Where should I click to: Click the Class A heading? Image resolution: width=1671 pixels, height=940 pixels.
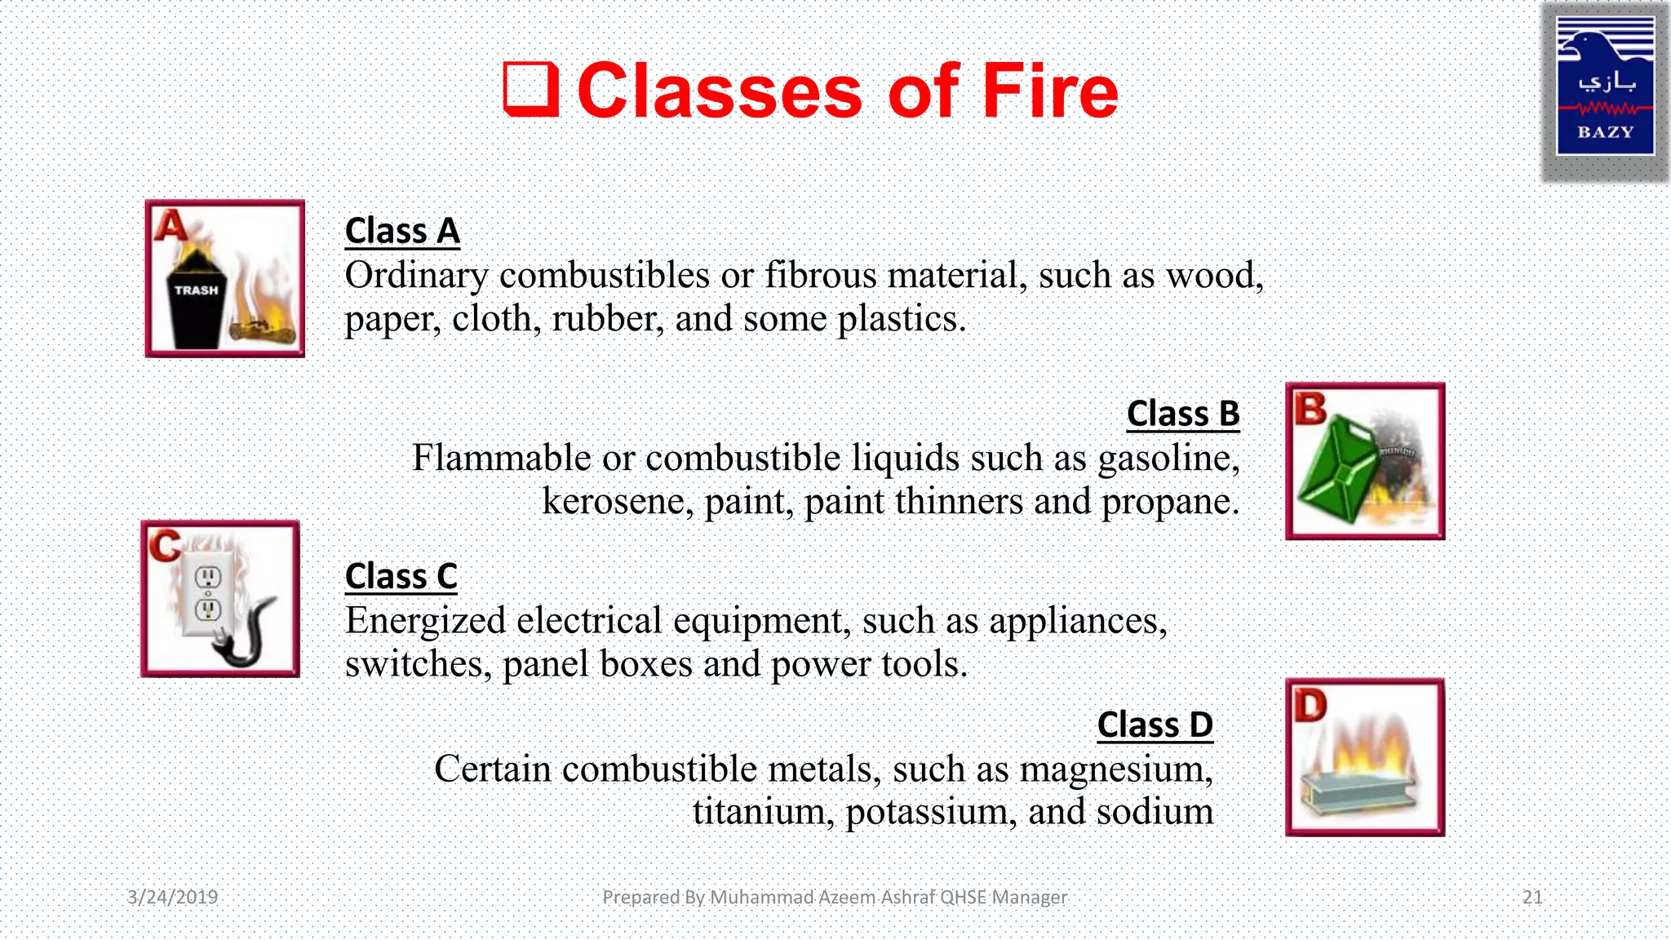pos(402,231)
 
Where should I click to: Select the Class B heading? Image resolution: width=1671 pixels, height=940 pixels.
pos(1182,414)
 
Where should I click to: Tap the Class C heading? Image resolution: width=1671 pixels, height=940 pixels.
pos(401,576)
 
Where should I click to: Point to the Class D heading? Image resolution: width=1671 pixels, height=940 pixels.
pos(1155,725)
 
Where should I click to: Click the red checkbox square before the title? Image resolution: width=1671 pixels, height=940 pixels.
pos(530,89)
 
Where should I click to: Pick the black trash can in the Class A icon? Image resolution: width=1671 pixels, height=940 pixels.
pos(197,302)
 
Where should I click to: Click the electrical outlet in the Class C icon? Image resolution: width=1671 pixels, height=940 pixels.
pos(208,593)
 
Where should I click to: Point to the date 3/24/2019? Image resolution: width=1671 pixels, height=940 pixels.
pos(172,898)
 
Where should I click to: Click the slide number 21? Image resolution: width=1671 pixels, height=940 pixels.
pos(1532,898)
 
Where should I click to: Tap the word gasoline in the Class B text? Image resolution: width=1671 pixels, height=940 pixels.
pos(1168,459)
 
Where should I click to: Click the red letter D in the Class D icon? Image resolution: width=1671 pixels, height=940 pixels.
pos(1310,705)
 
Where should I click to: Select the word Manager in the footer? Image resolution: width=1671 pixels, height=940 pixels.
pos(1029,898)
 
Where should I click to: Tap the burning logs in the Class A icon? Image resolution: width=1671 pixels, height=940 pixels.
pos(261,330)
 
